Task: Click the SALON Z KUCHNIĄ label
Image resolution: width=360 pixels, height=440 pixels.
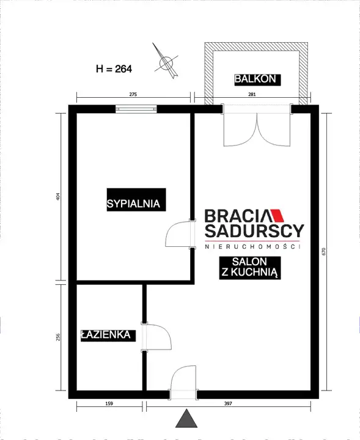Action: click(250, 268)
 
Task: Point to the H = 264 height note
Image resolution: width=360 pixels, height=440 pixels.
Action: click(114, 68)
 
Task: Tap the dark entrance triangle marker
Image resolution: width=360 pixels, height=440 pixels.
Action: click(186, 419)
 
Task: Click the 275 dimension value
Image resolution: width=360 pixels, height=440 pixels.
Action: click(133, 94)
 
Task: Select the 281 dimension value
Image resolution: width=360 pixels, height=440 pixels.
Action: click(252, 94)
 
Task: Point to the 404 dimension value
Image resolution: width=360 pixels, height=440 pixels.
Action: click(58, 196)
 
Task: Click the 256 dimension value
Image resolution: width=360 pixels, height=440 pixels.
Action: click(58, 337)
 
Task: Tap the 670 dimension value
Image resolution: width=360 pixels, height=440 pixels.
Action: click(324, 251)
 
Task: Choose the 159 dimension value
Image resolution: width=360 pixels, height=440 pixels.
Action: click(109, 403)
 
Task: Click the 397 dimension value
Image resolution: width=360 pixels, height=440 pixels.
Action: click(228, 403)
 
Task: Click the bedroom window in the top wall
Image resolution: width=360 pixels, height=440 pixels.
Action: click(136, 109)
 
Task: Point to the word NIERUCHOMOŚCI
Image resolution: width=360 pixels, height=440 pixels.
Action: click(252, 247)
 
